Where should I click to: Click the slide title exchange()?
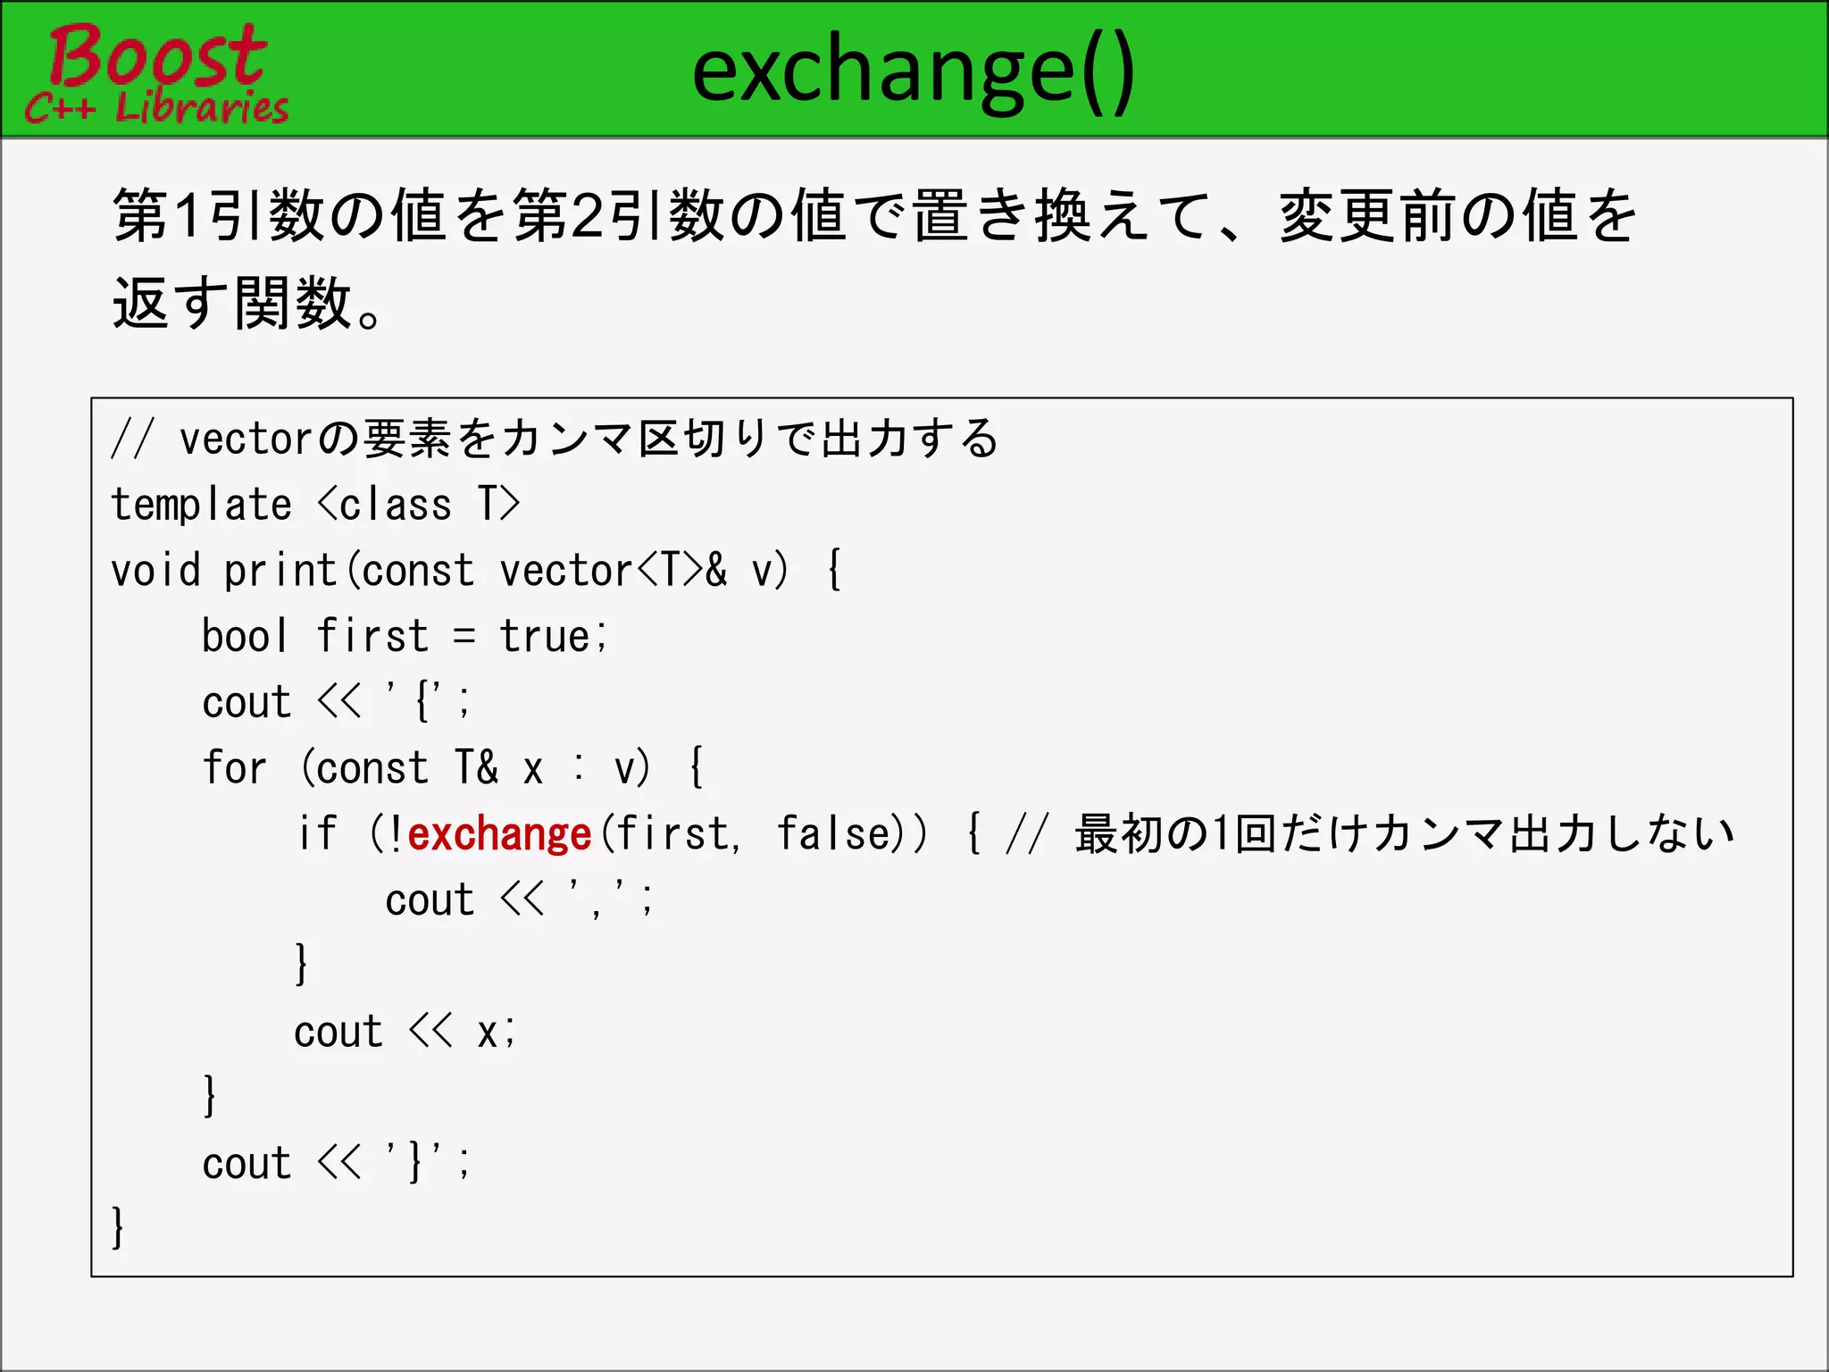pos(913,71)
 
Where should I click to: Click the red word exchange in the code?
pos(500,834)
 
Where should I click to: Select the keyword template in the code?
pos(201,505)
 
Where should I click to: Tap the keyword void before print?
pos(155,571)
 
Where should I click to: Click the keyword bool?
pos(245,636)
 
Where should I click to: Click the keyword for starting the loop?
pos(234,768)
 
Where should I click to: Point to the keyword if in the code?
pos(317,833)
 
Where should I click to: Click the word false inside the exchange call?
pos(834,833)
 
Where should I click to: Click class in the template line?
pos(396,505)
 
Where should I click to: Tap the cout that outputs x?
pos(338,1033)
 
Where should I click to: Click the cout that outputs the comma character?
pos(429,900)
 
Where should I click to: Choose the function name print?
pos(280,571)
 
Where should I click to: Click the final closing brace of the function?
pos(118,1227)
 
